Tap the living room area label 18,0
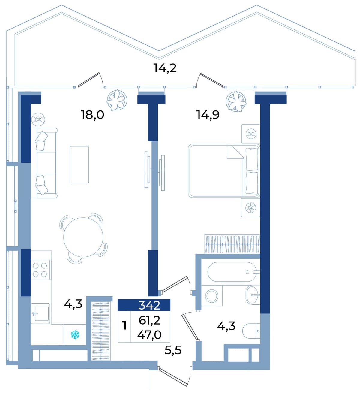pyautogui.click(x=92, y=115)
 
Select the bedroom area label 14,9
pyautogui.click(x=208, y=115)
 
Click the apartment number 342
pyautogui.click(x=149, y=305)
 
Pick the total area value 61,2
pyautogui.click(x=149, y=321)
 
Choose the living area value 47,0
pyautogui.click(x=149, y=335)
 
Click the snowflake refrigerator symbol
pyautogui.click(x=75, y=335)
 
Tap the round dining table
pyautogui.click(x=83, y=237)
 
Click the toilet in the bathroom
pyautogui.click(x=251, y=331)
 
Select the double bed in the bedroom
pyautogui.click(x=224, y=171)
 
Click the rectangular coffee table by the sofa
pyautogui.click(x=79, y=164)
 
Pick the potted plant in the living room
pyautogui.click(x=117, y=100)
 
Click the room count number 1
pyautogui.click(x=124, y=326)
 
